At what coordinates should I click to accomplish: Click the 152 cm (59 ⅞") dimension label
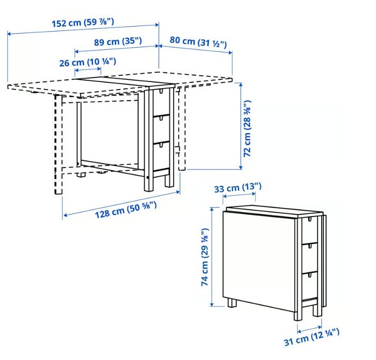[x=83, y=23]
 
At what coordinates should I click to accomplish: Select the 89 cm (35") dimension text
[x=118, y=41]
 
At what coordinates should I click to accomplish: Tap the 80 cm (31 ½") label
[x=198, y=42]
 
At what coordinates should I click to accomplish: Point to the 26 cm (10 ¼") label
[x=88, y=62]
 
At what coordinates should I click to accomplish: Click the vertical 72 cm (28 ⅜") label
[x=247, y=129]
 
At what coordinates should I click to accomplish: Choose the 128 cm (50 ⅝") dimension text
[x=126, y=210]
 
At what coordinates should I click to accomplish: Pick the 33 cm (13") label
[x=238, y=187]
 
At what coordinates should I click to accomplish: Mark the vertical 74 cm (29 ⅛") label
[x=205, y=257]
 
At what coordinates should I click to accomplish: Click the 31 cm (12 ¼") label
[x=312, y=337]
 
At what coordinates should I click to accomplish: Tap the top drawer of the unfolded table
[x=161, y=102]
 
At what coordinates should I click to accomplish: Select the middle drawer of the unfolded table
[x=161, y=129]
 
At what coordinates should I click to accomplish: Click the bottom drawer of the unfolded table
[x=161, y=156]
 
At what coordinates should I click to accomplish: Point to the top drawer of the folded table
[x=310, y=231]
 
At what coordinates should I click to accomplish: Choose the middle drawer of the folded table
[x=310, y=258]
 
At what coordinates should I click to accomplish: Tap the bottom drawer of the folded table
[x=310, y=286]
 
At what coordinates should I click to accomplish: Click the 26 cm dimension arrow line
[x=88, y=70]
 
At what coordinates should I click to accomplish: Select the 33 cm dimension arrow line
[x=239, y=195]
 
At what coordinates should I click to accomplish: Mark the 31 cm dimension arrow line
[x=309, y=329]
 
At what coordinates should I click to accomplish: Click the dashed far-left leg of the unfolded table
[x=58, y=145]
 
